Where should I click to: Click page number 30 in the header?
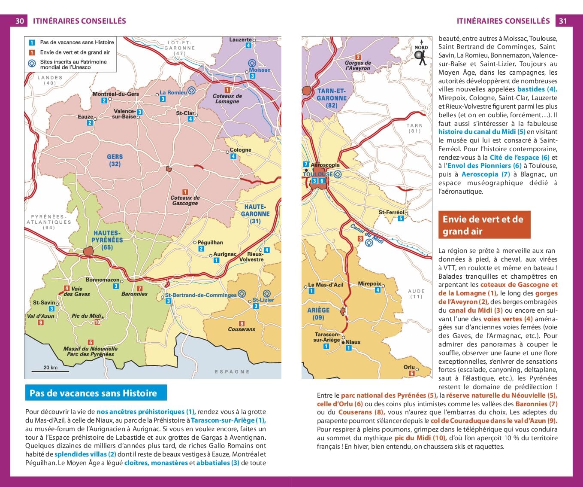(x=20, y=21)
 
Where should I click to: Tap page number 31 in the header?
(x=563, y=21)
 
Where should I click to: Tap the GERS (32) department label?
(x=115, y=160)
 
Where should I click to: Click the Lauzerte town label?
(x=240, y=40)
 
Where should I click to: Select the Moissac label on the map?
(x=260, y=70)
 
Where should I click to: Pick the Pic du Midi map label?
(x=86, y=316)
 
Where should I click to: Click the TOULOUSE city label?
(x=317, y=174)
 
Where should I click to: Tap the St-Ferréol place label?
(x=391, y=212)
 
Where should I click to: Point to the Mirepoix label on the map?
(x=369, y=284)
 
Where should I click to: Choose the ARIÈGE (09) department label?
(x=318, y=314)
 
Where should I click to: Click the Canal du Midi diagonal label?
(x=366, y=234)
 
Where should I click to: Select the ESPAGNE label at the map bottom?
(x=232, y=371)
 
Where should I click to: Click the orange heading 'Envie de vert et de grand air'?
(x=484, y=225)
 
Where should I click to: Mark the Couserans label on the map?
(x=242, y=329)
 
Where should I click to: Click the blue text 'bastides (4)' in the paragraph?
(x=537, y=89)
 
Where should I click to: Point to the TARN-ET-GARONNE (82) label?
(x=331, y=98)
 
